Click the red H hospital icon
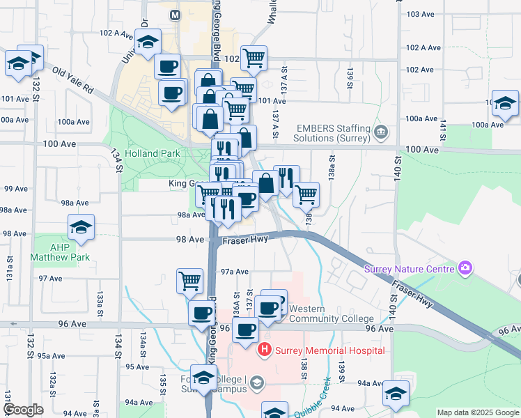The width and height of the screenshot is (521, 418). (265, 349)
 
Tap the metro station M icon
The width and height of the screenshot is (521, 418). (175, 14)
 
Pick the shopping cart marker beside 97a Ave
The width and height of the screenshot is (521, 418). (189, 281)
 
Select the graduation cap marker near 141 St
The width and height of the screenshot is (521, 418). (505, 104)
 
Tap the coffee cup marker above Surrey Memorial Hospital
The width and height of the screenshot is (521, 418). (245, 330)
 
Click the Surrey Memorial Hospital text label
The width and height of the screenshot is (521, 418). (330, 350)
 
